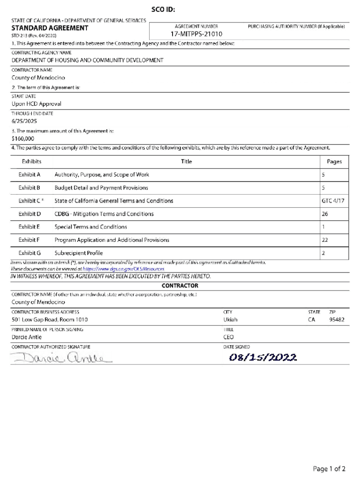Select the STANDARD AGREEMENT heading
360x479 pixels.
(x=50, y=28)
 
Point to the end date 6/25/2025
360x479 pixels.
(x=24, y=121)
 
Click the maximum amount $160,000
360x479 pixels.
(x=23, y=138)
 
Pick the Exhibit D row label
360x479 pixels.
(x=30, y=214)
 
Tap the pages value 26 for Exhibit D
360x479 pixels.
(x=325, y=214)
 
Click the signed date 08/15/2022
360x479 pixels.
(x=262, y=358)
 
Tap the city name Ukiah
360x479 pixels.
(x=230, y=320)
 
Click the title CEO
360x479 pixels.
(x=229, y=337)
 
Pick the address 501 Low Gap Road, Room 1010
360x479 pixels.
(x=50, y=320)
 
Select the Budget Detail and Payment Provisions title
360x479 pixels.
(x=101, y=188)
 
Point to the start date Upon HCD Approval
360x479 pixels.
(x=36, y=104)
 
